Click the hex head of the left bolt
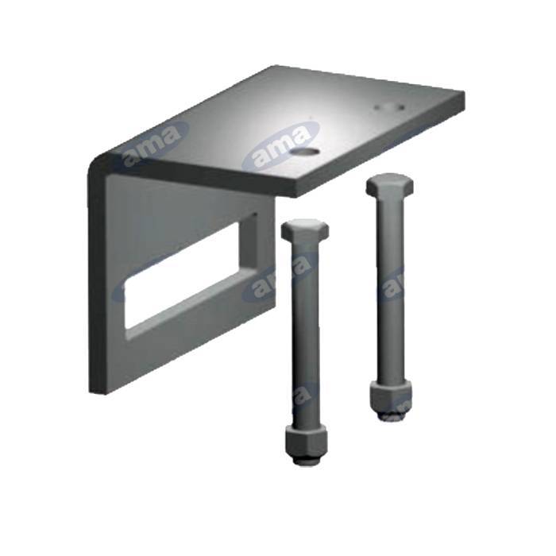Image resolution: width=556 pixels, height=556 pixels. (304, 230)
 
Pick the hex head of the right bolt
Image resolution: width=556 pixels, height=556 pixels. (388, 186)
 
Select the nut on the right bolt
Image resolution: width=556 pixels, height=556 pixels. (390, 394)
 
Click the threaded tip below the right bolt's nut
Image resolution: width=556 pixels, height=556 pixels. (389, 414)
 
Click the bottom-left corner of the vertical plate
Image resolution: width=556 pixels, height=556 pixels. (92, 392)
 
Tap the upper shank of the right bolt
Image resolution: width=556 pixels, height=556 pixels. (389, 230)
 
